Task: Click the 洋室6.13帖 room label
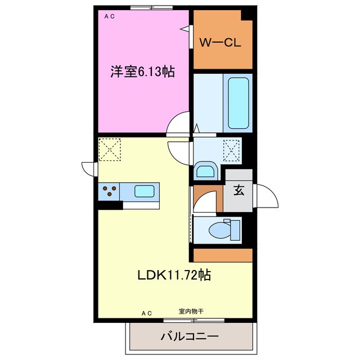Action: (x=142, y=71)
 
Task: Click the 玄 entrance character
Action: (x=238, y=191)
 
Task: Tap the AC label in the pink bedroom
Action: (x=109, y=17)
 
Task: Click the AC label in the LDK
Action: (x=147, y=313)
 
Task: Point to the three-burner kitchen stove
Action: (x=109, y=191)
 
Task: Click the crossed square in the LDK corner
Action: (x=110, y=150)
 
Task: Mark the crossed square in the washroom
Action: (x=232, y=150)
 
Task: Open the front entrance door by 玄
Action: (x=265, y=197)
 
